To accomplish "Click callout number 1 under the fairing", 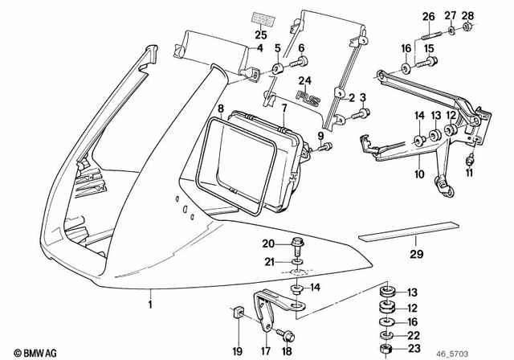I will [149, 305].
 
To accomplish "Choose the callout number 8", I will [220, 108].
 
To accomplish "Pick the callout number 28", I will [467, 16].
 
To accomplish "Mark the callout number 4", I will [259, 48].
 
